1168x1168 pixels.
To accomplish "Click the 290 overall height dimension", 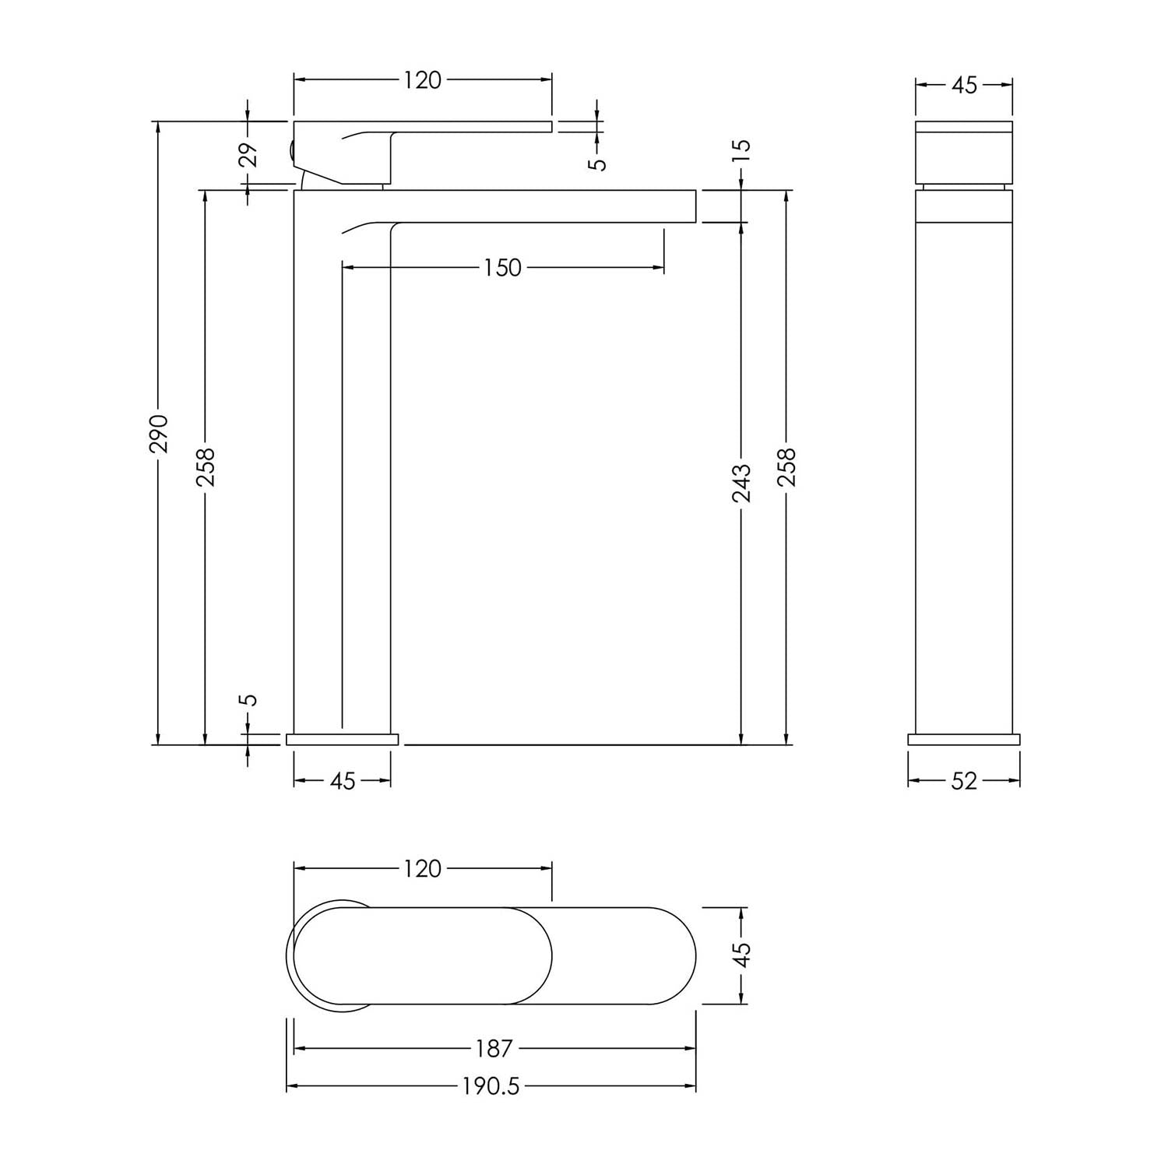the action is (x=160, y=434).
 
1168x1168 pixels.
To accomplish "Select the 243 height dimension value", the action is (x=742, y=483).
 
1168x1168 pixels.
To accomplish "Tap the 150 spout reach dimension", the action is (x=502, y=268).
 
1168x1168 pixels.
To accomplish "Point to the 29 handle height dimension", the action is (x=248, y=155).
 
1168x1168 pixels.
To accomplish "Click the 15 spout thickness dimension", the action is (x=742, y=150).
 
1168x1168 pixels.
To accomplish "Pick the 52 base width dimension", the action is (x=964, y=781).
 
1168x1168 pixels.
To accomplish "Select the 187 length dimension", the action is (x=494, y=1049).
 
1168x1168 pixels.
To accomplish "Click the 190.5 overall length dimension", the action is (x=491, y=1086).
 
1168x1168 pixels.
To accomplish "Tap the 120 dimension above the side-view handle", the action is (x=423, y=80).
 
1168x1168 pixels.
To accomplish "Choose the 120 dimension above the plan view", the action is (x=423, y=868).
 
